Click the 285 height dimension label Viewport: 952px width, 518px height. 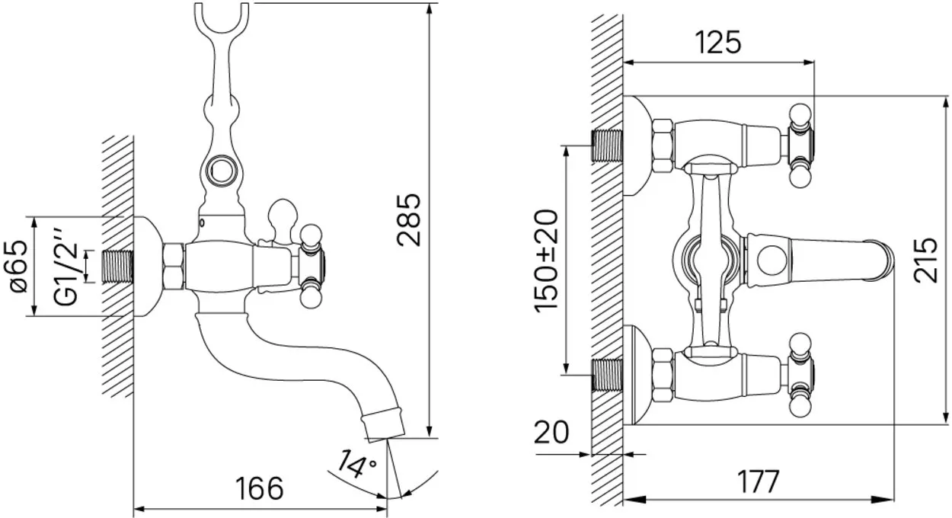[x=408, y=220]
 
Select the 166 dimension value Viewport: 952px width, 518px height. [x=259, y=488]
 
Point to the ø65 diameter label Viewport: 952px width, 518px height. [x=19, y=267]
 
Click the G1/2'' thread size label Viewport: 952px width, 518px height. [x=65, y=267]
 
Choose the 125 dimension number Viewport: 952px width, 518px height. [x=718, y=42]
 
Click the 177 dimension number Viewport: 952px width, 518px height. [x=759, y=481]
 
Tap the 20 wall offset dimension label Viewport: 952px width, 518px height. [x=551, y=432]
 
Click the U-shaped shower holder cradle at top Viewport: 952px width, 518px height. [x=222, y=19]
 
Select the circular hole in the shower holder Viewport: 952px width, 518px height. [x=221, y=171]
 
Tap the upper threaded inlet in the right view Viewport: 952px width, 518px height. [x=607, y=145]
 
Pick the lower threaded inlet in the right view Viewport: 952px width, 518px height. [x=607, y=375]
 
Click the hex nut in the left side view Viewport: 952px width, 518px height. [x=174, y=267]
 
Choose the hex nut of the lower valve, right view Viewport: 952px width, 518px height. [x=663, y=375]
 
